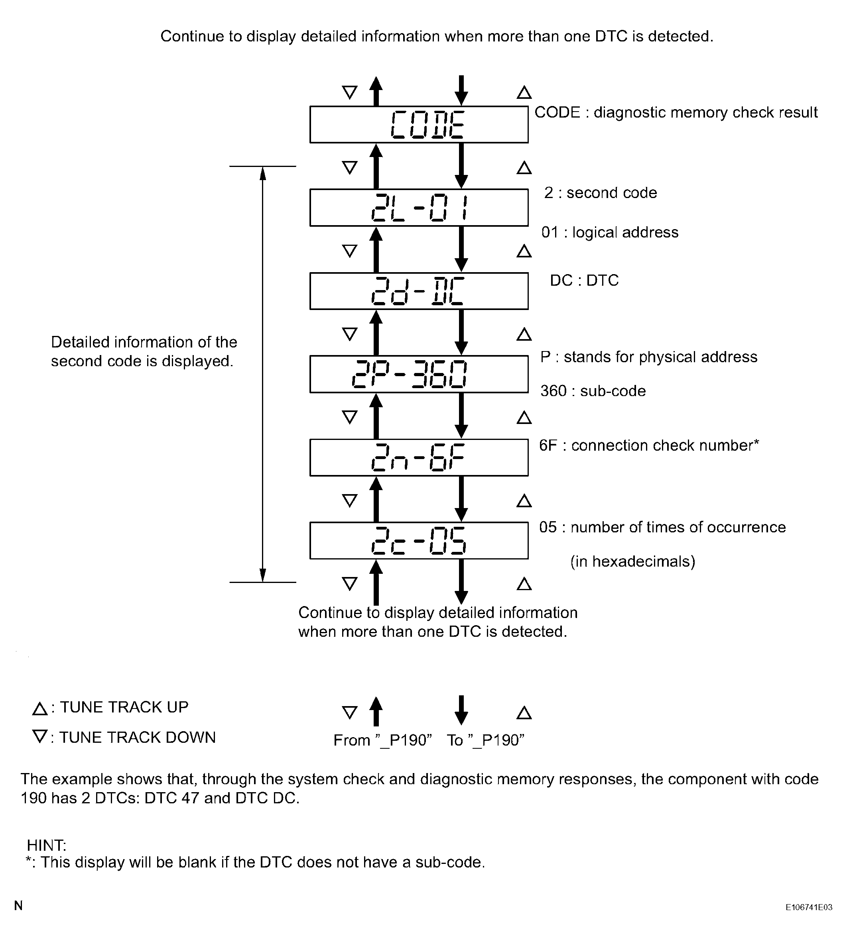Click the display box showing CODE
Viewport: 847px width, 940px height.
[419, 125]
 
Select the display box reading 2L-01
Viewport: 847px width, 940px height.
[419, 208]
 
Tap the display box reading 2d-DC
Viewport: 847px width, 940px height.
[419, 291]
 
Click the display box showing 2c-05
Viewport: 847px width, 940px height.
[419, 540]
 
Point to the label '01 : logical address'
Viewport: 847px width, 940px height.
[610, 233]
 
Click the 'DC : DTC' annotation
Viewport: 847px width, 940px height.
[584, 281]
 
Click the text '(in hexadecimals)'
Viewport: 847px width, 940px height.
[632, 562]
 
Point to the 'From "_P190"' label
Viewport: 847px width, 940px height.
[382, 740]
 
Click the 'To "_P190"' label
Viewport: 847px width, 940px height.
[485, 740]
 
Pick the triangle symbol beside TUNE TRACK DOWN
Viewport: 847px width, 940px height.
[40, 737]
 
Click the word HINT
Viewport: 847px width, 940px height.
[47, 845]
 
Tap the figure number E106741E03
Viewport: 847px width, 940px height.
[809, 907]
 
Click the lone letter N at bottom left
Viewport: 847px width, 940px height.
[19, 906]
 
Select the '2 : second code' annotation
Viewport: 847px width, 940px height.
[600, 193]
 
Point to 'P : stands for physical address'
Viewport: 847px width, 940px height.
[649, 357]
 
